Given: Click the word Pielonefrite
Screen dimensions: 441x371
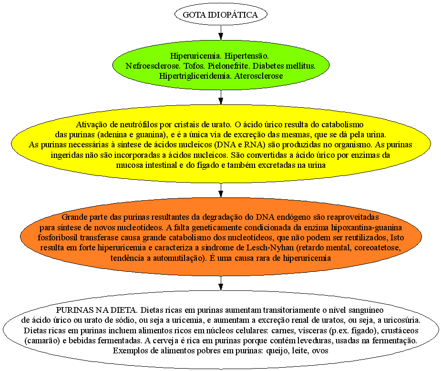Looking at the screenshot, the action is click(x=228, y=66).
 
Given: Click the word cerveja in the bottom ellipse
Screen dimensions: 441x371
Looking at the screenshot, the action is click(x=165, y=341).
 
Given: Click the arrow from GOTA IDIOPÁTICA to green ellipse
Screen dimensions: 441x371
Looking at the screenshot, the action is click(x=221, y=32).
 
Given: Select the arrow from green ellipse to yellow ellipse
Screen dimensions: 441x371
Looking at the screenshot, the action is click(x=221, y=97).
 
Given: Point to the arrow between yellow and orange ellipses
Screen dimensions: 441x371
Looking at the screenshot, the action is click(x=221, y=190).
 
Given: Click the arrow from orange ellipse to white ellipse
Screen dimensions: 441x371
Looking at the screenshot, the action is click(x=221, y=283).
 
